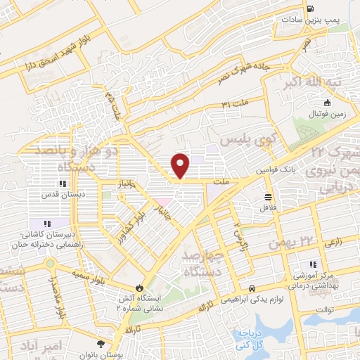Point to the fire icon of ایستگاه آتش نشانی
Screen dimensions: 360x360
pos(139,288)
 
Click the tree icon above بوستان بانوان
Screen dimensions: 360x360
pos(102,344)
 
